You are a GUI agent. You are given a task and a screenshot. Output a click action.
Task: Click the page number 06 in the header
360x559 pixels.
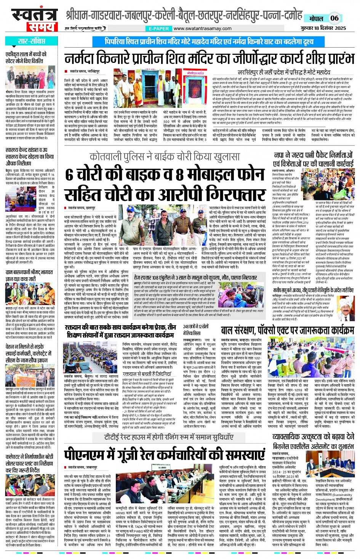pyautogui.click(x=334, y=18)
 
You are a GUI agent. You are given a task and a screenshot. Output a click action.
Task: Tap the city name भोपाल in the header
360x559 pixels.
pyautogui.click(x=316, y=19)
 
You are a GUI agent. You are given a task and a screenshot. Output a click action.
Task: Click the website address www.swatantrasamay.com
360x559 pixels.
pyautogui.click(x=202, y=29)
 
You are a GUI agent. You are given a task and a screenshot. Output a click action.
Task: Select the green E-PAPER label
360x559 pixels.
pyautogui.click(x=159, y=29)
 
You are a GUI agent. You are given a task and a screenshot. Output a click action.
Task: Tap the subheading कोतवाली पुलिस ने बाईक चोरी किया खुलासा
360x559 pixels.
pyautogui.click(x=165, y=157)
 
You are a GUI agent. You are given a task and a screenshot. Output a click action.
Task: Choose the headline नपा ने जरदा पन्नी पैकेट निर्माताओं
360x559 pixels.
pyautogui.click(x=313, y=155)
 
